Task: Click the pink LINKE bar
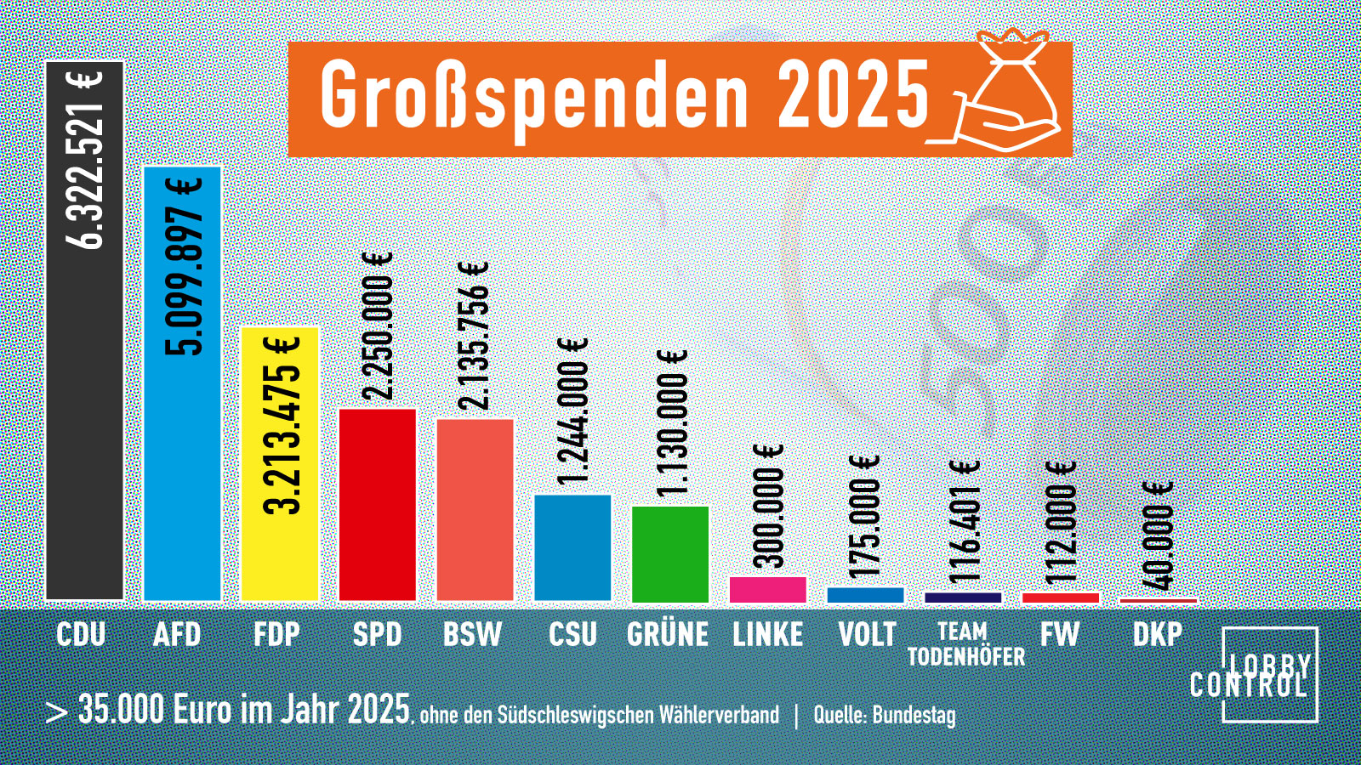(x=768, y=589)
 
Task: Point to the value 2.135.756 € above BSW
(x=474, y=336)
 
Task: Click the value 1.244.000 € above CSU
(x=572, y=411)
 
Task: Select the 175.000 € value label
(x=865, y=516)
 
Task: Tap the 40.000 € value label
(x=1158, y=535)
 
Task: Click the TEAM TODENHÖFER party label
(x=965, y=644)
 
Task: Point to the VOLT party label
(x=867, y=634)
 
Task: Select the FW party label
(x=1059, y=634)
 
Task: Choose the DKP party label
(x=1157, y=634)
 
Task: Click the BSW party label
(x=473, y=634)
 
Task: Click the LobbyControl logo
(x=1269, y=675)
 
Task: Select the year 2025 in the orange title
(x=853, y=95)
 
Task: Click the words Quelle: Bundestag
(x=885, y=715)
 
